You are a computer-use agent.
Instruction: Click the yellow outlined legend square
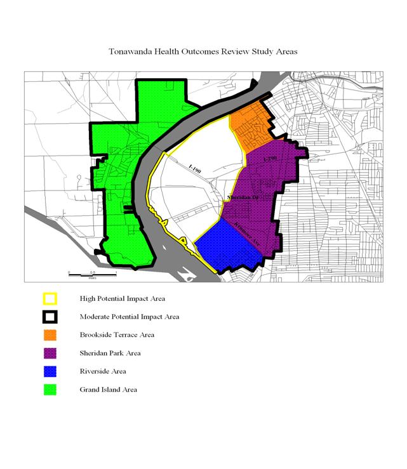point(50,298)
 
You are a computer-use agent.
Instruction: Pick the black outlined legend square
point(50,317)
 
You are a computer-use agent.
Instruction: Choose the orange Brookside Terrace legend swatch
point(50,335)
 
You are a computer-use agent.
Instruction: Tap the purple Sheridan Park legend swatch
point(50,353)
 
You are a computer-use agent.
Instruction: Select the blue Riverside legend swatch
point(50,371)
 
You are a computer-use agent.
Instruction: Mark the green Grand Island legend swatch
point(50,390)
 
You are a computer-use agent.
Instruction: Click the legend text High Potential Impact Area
point(123,298)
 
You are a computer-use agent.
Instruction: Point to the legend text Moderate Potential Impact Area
point(130,317)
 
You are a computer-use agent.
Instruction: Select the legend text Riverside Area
point(103,371)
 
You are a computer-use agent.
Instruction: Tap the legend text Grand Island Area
point(108,390)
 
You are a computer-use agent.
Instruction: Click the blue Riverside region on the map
point(227,244)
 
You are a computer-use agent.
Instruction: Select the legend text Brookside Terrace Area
point(117,335)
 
